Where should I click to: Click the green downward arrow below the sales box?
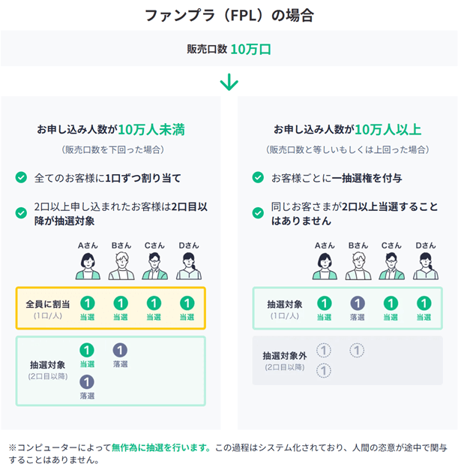(x=229, y=82)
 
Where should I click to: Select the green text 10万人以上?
(x=388, y=129)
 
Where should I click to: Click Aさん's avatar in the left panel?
(x=87, y=265)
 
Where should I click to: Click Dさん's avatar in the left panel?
(x=188, y=265)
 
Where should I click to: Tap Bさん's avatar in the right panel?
(x=358, y=265)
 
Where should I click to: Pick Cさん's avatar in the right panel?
(x=391, y=265)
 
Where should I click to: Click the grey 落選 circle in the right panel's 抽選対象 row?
(x=358, y=303)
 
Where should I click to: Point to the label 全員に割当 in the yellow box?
(x=46, y=303)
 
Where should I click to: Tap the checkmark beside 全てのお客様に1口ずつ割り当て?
(x=22, y=178)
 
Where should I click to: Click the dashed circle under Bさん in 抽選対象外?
(x=358, y=350)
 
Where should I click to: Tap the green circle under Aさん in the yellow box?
(x=87, y=303)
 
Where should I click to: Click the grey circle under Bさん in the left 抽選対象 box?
(x=121, y=350)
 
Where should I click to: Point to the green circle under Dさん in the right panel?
(x=424, y=303)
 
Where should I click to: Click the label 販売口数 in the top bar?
(x=206, y=50)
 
